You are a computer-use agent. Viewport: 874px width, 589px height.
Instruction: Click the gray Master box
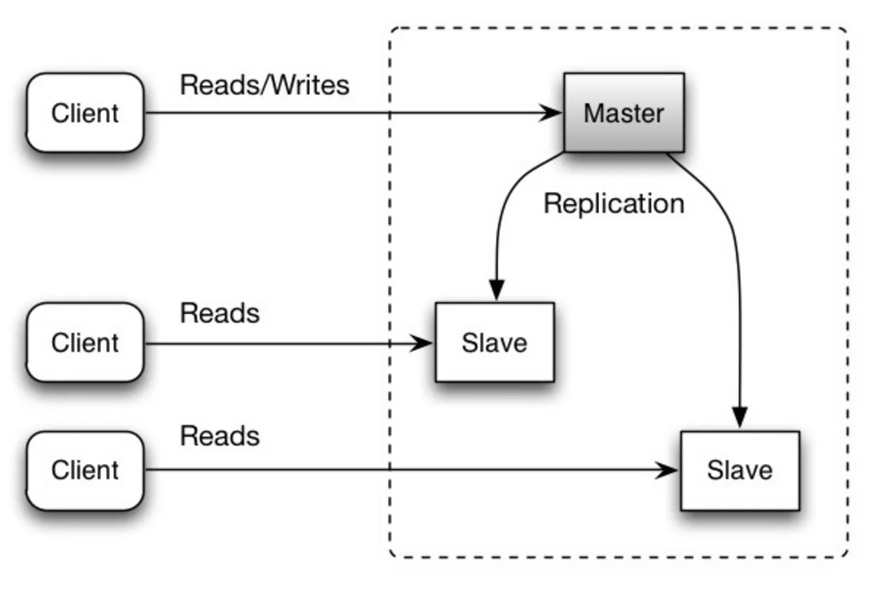[624, 112]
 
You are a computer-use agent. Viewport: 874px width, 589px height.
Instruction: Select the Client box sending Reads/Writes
[85, 112]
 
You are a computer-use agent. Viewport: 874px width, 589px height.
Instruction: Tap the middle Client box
[85, 342]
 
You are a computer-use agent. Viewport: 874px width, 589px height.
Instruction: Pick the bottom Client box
[85, 470]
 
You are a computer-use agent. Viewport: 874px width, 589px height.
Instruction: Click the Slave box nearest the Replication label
[495, 342]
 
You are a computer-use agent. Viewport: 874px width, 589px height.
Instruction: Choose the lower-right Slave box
[740, 470]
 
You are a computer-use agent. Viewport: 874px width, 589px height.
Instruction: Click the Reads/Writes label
[264, 85]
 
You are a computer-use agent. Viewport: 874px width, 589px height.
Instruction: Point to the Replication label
[614, 204]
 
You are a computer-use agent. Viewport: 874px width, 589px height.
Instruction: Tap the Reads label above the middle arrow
[220, 313]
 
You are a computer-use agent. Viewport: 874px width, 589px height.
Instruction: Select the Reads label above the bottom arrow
[220, 436]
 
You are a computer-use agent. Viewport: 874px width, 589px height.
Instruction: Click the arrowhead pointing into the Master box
[550, 113]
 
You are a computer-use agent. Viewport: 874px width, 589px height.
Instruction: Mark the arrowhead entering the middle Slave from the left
[422, 343]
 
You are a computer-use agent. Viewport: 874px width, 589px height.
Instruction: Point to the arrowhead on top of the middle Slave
[497, 289]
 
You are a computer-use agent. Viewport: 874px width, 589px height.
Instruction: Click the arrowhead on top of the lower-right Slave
[740, 417]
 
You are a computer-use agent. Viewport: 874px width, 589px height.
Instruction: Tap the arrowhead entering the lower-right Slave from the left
[666, 470]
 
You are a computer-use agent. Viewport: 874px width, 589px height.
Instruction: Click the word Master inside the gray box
[624, 113]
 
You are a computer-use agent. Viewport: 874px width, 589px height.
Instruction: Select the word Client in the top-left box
[85, 113]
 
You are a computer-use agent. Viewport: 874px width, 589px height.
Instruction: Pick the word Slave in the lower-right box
[740, 470]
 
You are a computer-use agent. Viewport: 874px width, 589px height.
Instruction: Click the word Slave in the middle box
[495, 343]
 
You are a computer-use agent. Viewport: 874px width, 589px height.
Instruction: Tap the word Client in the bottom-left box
[85, 470]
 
